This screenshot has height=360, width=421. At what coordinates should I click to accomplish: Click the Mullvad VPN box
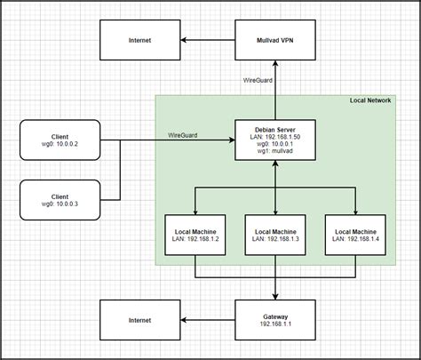pos(274,40)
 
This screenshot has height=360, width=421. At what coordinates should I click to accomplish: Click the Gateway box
pos(274,320)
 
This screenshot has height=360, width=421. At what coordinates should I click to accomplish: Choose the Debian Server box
pos(274,140)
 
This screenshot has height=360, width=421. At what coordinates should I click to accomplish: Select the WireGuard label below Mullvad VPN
pos(258,81)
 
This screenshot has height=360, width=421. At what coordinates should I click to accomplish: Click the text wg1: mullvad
pos(274,153)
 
